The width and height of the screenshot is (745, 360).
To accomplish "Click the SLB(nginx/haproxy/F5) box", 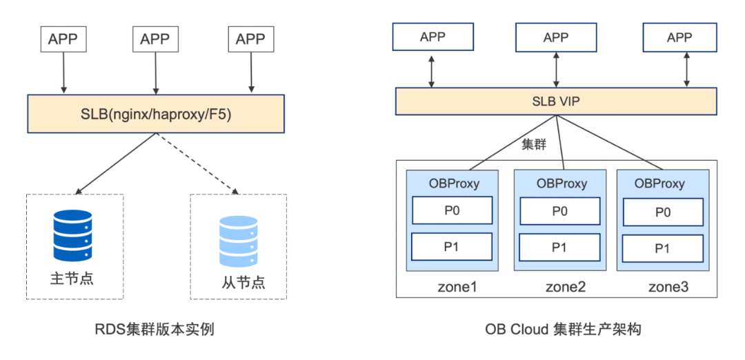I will point(155,114).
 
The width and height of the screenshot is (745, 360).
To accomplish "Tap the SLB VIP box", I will point(556,101).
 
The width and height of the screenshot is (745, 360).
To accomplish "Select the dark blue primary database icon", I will point(72,236).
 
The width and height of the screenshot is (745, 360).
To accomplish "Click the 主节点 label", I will point(72,279).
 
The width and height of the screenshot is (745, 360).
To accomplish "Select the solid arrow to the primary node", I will point(114,164).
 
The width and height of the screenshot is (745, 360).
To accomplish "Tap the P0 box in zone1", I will point(452,210).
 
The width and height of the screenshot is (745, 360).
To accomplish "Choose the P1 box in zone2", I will point(559,247).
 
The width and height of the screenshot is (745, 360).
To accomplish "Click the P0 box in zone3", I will point(662,212).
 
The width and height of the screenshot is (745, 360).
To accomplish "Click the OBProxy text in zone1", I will point(453,183).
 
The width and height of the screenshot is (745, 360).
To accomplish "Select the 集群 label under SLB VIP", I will point(535,145).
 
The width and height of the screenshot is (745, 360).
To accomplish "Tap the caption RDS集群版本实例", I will point(155,329).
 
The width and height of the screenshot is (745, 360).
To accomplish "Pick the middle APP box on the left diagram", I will point(155,39).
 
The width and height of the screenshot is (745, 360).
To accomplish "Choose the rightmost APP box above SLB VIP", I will point(679,37).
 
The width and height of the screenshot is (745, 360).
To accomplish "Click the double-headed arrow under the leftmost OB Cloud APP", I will point(432,69).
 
